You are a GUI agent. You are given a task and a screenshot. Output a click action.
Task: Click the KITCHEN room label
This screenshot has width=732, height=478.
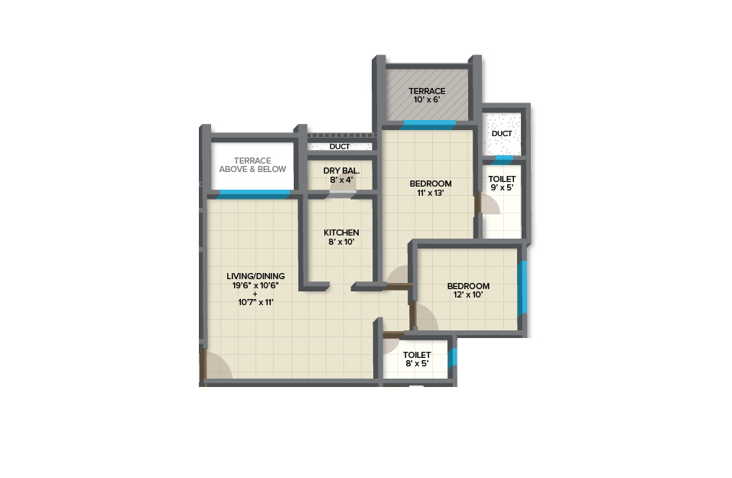[x=341, y=232]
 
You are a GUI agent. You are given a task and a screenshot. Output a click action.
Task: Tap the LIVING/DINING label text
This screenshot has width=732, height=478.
[x=255, y=276]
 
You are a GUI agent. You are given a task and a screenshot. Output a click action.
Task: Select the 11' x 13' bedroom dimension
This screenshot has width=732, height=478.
[x=431, y=192]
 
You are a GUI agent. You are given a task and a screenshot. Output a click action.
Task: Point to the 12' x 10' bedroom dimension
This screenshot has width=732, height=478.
[x=468, y=294]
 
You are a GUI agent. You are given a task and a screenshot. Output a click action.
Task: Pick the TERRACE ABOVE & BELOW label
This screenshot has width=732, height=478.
[x=252, y=164]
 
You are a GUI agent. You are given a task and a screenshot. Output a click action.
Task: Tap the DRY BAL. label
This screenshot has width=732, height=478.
[x=341, y=171]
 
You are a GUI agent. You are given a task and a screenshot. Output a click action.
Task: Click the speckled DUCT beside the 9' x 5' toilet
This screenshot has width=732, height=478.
[x=501, y=134]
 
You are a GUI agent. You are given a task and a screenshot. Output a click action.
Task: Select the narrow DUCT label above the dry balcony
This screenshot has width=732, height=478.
[x=340, y=147]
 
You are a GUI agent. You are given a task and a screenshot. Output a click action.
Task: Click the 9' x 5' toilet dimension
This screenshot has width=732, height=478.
[x=502, y=187]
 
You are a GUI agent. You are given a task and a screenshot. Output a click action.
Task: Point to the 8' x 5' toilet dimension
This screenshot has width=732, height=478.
[x=417, y=363]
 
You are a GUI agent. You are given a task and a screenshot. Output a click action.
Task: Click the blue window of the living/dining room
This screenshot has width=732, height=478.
[x=252, y=194]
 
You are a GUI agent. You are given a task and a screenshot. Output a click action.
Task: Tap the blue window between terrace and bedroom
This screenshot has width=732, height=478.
[x=429, y=125]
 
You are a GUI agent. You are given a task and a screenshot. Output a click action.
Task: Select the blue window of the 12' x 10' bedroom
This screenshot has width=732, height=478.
[x=522, y=287]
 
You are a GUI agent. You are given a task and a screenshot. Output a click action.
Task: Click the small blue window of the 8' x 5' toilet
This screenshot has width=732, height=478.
[x=452, y=359]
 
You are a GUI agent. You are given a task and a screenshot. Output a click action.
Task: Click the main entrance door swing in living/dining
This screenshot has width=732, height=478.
[x=216, y=366]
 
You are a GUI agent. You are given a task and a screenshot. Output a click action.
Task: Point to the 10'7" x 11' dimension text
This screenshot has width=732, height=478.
[x=255, y=302]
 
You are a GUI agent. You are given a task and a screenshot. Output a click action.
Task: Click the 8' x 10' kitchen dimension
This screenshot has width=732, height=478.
[x=341, y=242]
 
